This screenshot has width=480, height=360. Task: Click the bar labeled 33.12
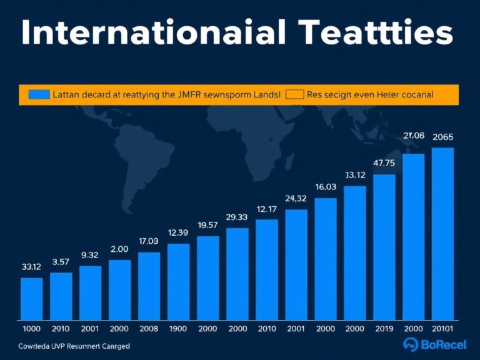point(31,298)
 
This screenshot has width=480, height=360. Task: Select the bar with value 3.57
point(61,296)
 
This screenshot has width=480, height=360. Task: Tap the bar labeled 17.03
point(149,286)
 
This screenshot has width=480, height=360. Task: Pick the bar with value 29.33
point(237,273)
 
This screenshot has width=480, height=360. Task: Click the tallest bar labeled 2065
point(442,233)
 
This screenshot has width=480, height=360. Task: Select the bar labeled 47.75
point(384,246)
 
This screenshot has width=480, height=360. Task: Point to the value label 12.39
point(178,232)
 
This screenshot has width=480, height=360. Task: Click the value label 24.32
point(296,199)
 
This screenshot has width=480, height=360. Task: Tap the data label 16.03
point(325,187)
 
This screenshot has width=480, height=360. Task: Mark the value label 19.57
point(207,225)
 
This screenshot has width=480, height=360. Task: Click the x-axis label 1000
point(31,329)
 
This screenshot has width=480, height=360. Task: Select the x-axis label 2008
point(149,329)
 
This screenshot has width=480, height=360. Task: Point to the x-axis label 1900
point(178,329)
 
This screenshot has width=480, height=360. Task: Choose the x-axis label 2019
point(384,329)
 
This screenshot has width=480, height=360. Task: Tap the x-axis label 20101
point(442,329)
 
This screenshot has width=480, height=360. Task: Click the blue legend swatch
point(38,95)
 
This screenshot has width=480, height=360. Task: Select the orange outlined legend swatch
point(294,95)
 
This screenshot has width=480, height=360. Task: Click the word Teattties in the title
point(375,32)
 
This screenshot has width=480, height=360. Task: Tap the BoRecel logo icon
point(410,343)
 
